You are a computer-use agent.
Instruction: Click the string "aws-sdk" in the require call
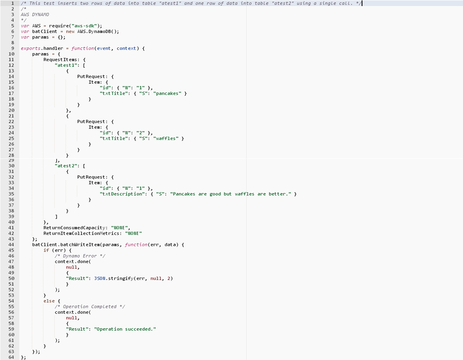pyautogui.click(x=85, y=26)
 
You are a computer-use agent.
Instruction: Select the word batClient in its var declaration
pyautogui.click(x=45, y=31)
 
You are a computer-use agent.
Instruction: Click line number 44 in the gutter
pyautogui.click(x=11, y=245)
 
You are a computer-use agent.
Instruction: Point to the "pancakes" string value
pyautogui.click(x=167, y=93)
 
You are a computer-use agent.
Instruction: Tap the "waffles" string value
pyautogui.click(x=166, y=138)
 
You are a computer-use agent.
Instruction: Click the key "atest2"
pyautogui.click(x=67, y=166)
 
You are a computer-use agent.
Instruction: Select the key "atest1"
pyautogui.click(x=67, y=65)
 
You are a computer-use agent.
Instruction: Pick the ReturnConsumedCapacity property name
pyautogui.click(x=76, y=228)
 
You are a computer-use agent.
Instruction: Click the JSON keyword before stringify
pyautogui.click(x=99, y=278)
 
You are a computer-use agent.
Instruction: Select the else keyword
pyautogui.click(x=49, y=301)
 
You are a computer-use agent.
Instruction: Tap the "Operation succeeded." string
pyautogui.click(x=125, y=329)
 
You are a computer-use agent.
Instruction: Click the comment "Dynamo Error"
pyautogui.click(x=80, y=256)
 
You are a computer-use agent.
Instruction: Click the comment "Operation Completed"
pyautogui.click(x=90, y=307)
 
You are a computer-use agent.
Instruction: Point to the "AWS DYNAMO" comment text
pyautogui.click(x=35, y=14)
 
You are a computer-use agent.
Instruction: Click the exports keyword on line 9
pyautogui.click(x=31, y=48)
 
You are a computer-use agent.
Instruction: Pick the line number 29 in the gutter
pyautogui.click(x=11, y=160)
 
